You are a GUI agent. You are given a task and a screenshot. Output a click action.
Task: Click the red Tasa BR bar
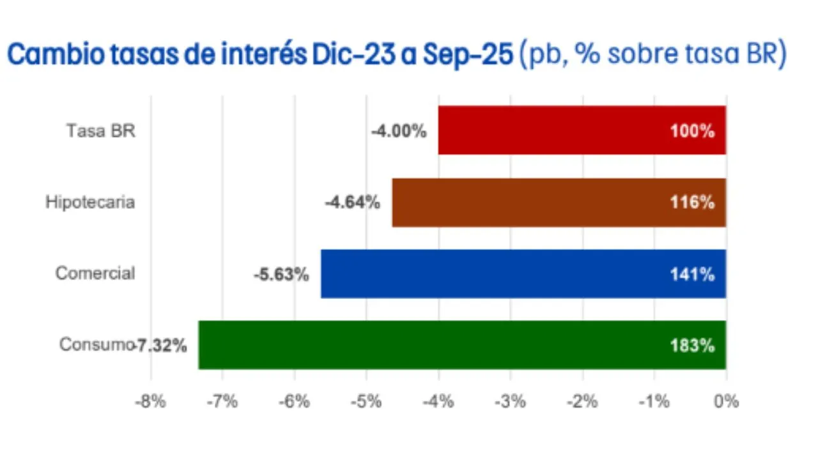pos(582,130)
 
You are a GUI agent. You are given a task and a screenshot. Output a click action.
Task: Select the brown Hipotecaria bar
pos(559,203)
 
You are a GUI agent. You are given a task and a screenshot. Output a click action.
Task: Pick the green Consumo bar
pos(461,345)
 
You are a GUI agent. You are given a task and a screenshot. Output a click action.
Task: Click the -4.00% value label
pos(399,132)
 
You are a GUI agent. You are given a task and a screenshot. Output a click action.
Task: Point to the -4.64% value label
pos(353,203)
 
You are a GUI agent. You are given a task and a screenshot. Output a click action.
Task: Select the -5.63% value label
pos(281,275)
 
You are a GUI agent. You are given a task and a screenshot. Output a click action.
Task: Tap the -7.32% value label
pos(161,346)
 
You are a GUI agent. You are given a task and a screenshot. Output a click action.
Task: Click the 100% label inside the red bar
pos(692,132)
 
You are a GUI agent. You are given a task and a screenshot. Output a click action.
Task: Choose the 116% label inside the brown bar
pos(692,203)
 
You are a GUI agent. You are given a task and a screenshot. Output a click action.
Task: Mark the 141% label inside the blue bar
pos(692,275)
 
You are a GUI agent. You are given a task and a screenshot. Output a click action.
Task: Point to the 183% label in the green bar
pos(692,346)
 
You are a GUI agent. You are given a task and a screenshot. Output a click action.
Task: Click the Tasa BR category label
pos(101,130)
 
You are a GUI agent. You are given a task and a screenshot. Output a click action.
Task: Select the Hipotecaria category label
pos(90,202)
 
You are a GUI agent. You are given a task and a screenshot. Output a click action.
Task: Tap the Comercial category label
pos(95,273)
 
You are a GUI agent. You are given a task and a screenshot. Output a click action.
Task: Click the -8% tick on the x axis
pos(151,402)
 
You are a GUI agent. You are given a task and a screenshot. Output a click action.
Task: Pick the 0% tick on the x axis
pos(727,402)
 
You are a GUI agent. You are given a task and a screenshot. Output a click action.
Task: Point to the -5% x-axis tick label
pos(366,402)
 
